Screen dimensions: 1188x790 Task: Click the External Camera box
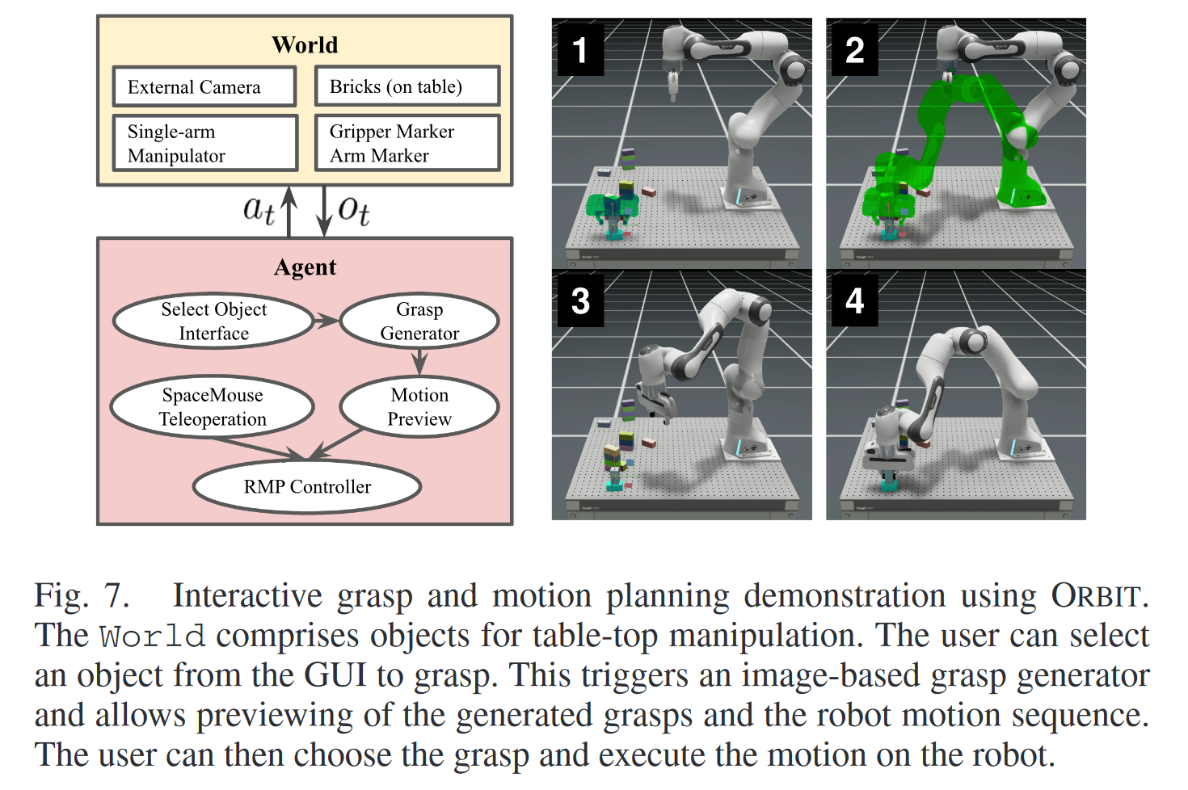click(204, 86)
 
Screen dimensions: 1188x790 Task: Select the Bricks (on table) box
click(407, 86)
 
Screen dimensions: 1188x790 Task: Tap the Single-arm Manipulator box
click(205, 143)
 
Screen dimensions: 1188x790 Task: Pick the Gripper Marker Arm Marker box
click(407, 143)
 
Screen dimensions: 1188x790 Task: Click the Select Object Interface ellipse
click(213, 321)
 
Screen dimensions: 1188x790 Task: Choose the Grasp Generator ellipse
click(419, 321)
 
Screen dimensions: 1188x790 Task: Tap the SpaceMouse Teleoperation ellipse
click(213, 406)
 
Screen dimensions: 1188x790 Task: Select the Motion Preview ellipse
click(419, 406)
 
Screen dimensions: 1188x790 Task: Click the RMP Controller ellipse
click(307, 486)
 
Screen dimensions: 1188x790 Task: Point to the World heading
click(305, 44)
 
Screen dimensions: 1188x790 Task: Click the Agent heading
click(305, 267)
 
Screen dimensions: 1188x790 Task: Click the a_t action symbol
click(259, 211)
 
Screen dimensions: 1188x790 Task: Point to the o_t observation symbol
click(354, 211)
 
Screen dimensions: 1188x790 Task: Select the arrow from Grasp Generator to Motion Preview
click(419, 362)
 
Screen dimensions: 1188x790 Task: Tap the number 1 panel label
click(580, 50)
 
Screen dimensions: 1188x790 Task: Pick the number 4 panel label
click(854, 300)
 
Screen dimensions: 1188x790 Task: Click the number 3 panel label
click(580, 300)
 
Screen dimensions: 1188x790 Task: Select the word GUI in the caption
click(335, 675)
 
